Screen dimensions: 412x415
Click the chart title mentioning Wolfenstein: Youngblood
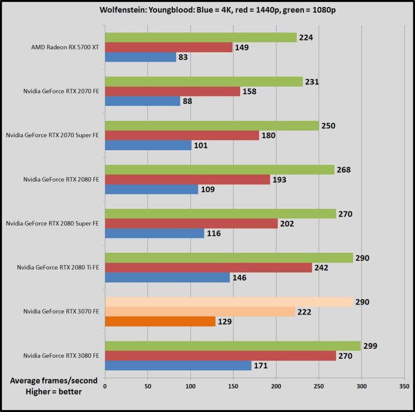[x=207, y=10]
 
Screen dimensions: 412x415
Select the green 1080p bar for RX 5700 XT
[x=201, y=37]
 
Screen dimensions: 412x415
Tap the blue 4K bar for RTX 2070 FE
[x=143, y=101]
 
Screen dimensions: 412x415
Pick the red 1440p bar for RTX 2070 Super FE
[x=182, y=135]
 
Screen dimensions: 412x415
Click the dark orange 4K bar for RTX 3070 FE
[x=160, y=322]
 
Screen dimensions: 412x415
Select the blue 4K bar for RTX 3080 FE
[x=178, y=366]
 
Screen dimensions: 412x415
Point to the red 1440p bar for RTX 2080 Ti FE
[x=209, y=268]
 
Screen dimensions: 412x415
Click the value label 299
[x=371, y=346]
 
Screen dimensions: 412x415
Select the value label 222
[x=305, y=311]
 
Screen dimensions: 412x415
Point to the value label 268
[x=345, y=170]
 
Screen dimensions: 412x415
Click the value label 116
[x=214, y=233]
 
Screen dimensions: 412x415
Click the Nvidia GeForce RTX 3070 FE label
[x=61, y=311]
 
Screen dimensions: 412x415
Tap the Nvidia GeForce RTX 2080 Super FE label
[x=53, y=223]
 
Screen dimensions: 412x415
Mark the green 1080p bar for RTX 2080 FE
[x=220, y=170]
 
